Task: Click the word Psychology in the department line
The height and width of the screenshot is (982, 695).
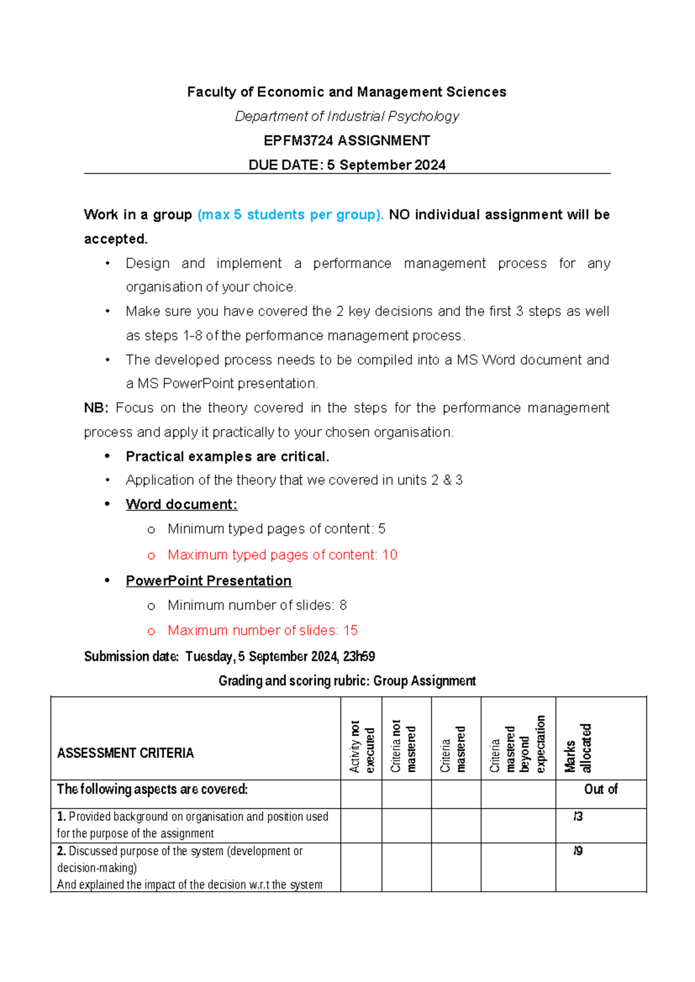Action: pyautogui.click(x=423, y=116)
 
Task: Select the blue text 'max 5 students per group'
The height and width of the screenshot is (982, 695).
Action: pyautogui.click(x=290, y=215)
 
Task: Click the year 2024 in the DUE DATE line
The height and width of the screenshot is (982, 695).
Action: pyautogui.click(x=430, y=165)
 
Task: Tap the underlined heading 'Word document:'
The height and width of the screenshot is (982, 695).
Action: pyautogui.click(x=181, y=504)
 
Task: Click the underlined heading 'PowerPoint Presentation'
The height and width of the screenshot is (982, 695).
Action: pyautogui.click(x=209, y=581)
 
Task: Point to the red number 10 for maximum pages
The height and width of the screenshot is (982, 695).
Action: pyautogui.click(x=390, y=555)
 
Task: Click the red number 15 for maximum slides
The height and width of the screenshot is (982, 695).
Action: pyautogui.click(x=350, y=630)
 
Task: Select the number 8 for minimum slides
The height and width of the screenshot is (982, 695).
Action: pyautogui.click(x=343, y=605)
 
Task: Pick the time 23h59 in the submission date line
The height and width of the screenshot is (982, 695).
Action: pyautogui.click(x=359, y=656)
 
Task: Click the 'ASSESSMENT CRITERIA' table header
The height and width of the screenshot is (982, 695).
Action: pyautogui.click(x=125, y=753)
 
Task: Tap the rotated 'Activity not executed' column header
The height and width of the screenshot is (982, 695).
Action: pyautogui.click(x=362, y=747)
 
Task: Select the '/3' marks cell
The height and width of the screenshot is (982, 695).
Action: pyautogui.click(x=577, y=816)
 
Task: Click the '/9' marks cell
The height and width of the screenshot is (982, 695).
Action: pyautogui.click(x=577, y=851)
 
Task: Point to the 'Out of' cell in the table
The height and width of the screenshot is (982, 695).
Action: pyautogui.click(x=601, y=789)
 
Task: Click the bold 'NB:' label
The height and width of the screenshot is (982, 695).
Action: pyautogui.click(x=96, y=408)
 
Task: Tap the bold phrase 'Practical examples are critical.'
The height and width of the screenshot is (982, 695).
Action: pyautogui.click(x=227, y=457)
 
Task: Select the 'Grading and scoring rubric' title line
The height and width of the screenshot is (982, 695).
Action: pyautogui.click(x=347, y=681)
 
